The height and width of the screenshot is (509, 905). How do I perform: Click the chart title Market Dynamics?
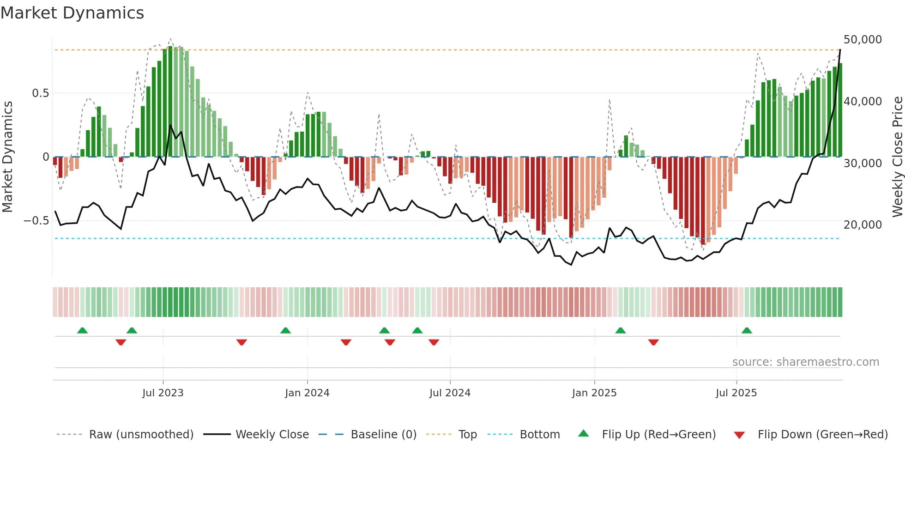[x=72, y=13]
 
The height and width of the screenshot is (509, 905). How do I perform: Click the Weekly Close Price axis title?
[x=897, y=157]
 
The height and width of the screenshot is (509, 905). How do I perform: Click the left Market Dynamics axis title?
[x=7, y=157]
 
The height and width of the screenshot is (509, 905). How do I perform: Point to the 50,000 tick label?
[x=863, y=40]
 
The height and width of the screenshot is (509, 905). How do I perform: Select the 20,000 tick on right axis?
[x=863, y=225]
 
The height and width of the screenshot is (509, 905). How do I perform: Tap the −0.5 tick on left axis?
[x=36, y=221]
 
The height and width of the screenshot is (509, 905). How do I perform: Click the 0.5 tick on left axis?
[x=40, y=93]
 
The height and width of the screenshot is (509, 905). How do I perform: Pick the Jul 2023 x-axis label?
[x=163, y=393]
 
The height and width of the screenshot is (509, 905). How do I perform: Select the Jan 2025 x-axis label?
[x=594, y=393]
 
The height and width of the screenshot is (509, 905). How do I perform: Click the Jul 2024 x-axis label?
[x=450, y=393]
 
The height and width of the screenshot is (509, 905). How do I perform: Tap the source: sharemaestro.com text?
[x=805, y=362]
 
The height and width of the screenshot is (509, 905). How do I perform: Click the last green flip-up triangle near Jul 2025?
[x=747, y=330]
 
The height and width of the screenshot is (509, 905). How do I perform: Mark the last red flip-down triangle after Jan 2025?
[x=653, y=342]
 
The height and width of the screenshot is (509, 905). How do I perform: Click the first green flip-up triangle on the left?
[x=82, y=330]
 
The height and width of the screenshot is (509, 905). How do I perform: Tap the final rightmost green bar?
[x=840, y=111]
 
